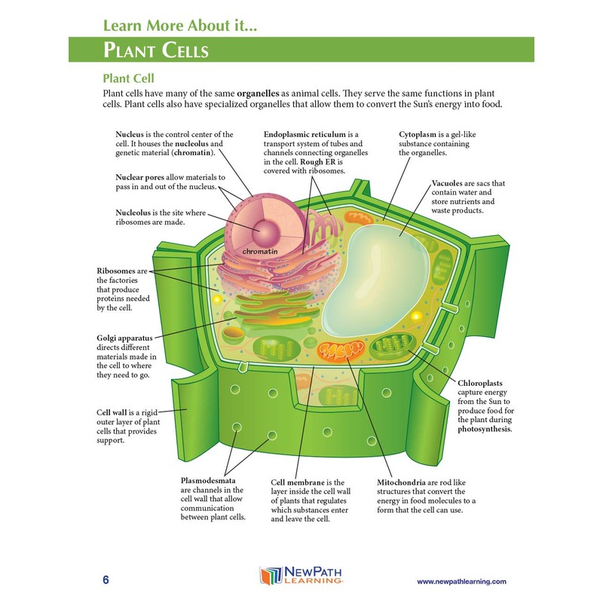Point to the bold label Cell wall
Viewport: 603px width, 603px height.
tap(115, 413)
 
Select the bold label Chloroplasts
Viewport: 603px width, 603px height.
tap(485, 382)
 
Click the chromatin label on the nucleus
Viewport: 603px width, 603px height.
tap(260, 249)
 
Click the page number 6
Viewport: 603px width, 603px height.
tap(106, 580)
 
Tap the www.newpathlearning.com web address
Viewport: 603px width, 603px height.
tap(461, 581)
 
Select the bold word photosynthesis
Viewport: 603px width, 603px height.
tap(484, 429)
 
